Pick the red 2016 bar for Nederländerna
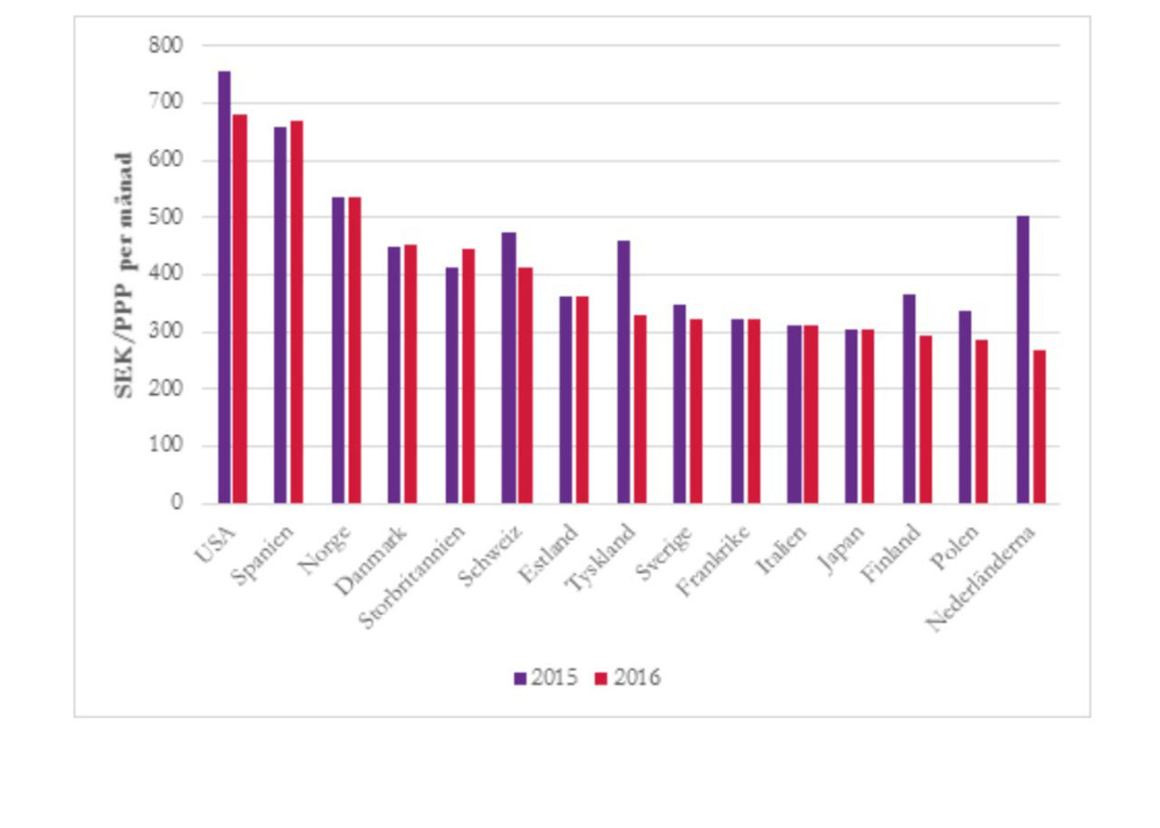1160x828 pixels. [x=1039, y=427]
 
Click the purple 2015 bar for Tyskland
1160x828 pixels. [x=623, y=371]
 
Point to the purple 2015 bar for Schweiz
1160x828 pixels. [x=508, y=368]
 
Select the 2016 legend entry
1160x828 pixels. [x=628, y=678]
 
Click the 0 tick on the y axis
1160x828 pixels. [x=178, y=503]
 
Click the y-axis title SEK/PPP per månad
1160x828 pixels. [x=124, y=274]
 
